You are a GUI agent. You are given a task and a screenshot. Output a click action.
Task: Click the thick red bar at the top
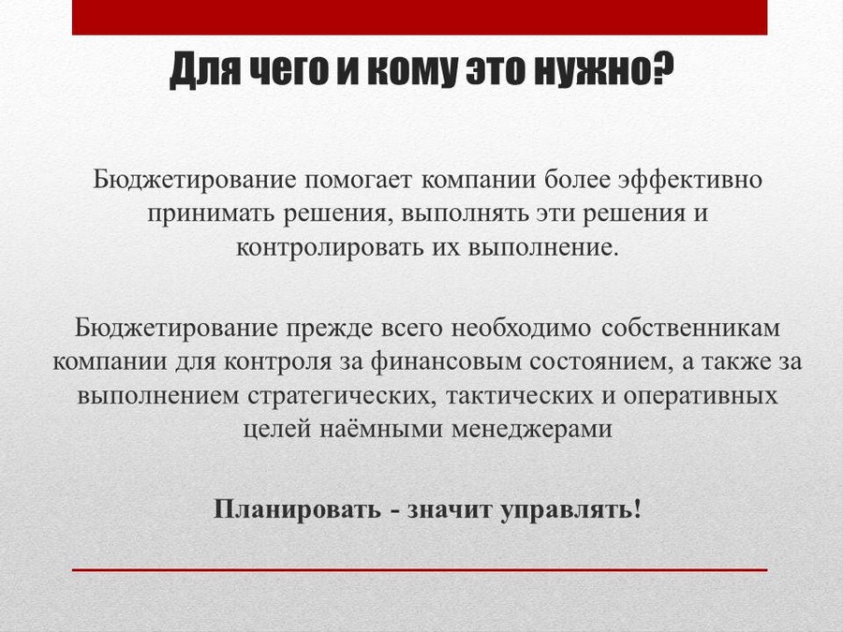click(420, 17)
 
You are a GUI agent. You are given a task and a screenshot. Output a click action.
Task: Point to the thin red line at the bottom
click(420, 569)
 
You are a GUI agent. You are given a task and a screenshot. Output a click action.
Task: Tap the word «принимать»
click(212, 213)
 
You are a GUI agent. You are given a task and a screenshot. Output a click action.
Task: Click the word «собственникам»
click(690, 328)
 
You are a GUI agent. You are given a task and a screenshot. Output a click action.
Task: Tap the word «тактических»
click(519, 396)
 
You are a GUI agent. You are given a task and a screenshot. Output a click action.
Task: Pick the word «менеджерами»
click(531, 430)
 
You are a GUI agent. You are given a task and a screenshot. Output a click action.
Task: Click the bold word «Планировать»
click(297, 509)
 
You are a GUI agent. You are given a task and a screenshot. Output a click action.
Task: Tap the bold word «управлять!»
click(571, 509)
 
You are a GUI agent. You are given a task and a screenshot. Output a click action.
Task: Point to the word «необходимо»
click(521, 328)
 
